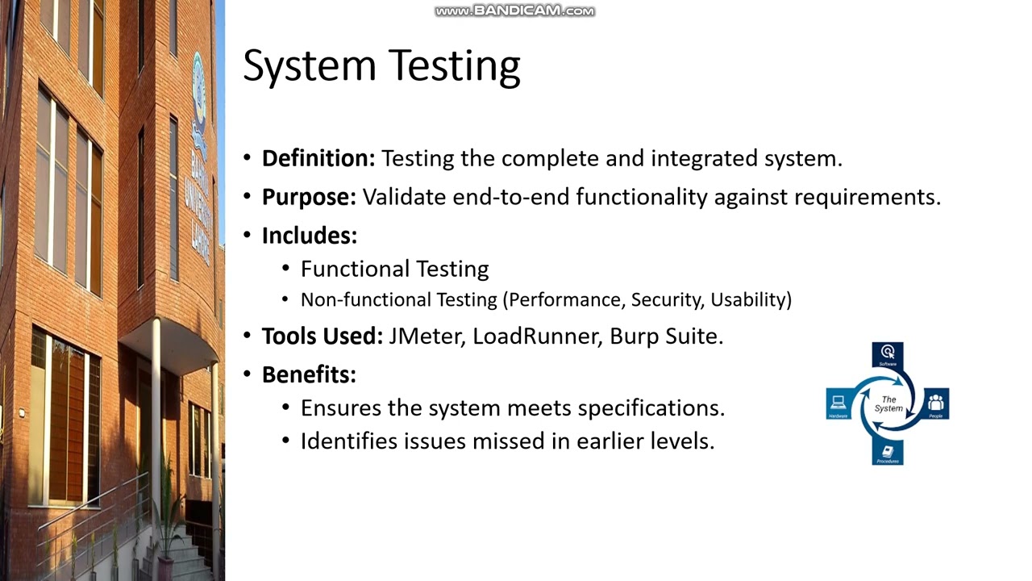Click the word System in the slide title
(310, 66)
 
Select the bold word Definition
(318, 158)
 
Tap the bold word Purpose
(309, 197)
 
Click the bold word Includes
(309, 236)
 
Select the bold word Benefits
(309, 374)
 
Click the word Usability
(751, 300)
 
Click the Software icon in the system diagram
(888, 353)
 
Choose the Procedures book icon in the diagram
(888, 451)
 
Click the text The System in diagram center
(888, 403)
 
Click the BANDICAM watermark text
(514, 11)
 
